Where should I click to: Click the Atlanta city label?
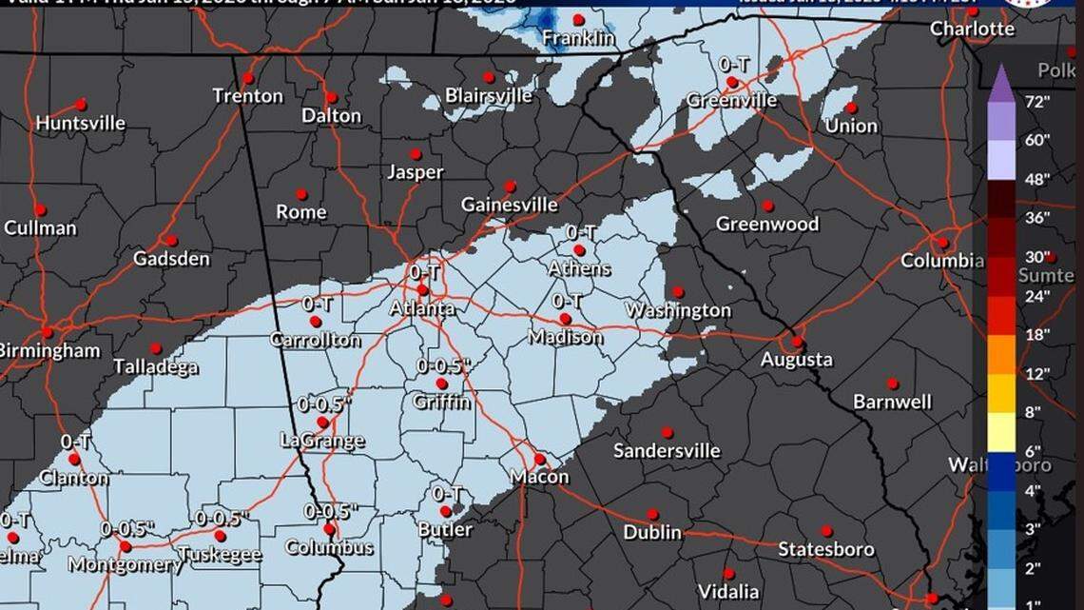421,308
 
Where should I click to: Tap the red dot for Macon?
539,458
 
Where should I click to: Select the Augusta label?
797,360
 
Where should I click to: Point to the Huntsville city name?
81,124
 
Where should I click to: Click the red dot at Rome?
300,193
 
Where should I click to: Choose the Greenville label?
731,100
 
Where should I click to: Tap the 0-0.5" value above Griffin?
443,366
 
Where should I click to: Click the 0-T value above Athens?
581,232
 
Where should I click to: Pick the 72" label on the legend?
1036,101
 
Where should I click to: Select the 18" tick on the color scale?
1036,335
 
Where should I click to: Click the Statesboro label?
825,549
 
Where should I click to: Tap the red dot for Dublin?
653,514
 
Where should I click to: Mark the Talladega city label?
156,366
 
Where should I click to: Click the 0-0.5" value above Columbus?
330,511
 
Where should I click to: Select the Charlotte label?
972,29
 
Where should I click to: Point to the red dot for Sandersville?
667,432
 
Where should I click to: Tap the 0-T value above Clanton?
75,442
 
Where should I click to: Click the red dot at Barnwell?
892,383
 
